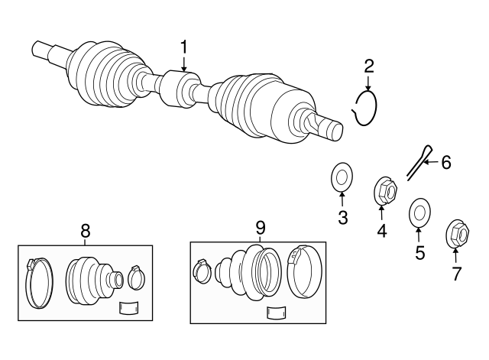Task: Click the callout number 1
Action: pos(184,47)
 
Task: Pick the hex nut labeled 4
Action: pos(386,190)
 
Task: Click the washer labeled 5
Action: pos(419,212)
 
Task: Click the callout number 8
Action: pos(85,231)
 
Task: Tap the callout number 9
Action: pos(260,228)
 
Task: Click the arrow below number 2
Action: pos(368,83)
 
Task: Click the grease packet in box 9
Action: pos(276,313)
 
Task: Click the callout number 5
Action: pos(420,252)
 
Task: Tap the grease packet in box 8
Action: pos(129,307)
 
